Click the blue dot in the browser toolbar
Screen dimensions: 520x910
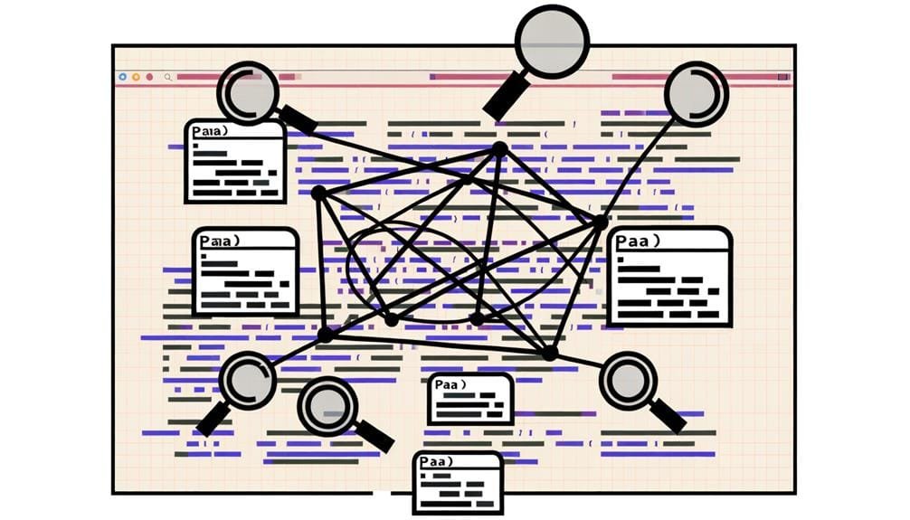122,78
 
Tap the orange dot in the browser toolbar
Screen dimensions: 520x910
136,78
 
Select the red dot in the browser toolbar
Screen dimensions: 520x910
149,78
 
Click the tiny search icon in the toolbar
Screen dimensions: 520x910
167,78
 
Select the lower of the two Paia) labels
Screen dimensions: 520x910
219,241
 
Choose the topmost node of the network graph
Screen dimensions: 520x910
498,147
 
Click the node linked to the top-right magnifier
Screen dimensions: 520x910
599,222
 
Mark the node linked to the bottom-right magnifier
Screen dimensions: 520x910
549,352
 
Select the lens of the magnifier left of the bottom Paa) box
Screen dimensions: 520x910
327,406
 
